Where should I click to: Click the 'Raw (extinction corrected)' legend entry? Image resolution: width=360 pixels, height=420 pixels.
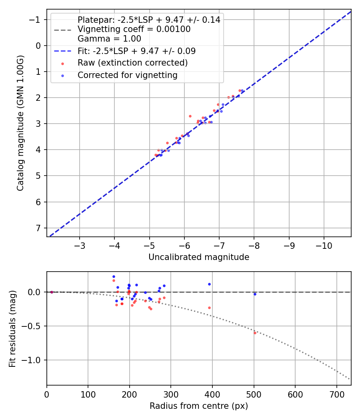132,63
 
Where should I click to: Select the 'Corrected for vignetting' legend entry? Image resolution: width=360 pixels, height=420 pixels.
127,75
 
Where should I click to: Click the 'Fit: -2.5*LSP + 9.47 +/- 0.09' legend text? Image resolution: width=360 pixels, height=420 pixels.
136,51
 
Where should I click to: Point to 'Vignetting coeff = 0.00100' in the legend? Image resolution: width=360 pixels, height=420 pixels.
134,29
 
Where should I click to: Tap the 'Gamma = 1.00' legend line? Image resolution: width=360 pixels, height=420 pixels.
109,39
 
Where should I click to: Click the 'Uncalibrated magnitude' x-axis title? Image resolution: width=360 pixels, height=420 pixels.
199,257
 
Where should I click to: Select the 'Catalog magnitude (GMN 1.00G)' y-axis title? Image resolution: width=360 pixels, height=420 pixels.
20,123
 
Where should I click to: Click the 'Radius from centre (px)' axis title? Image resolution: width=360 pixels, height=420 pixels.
199,406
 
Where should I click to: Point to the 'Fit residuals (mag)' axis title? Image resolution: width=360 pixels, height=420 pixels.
12,328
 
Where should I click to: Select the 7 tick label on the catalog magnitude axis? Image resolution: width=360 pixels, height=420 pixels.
38,228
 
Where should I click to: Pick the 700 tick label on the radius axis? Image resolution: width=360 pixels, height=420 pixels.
336,394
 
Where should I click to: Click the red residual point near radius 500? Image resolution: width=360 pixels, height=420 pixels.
255,333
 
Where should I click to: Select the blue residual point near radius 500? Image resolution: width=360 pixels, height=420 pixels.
255,294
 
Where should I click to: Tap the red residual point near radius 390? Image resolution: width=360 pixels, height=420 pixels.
209,308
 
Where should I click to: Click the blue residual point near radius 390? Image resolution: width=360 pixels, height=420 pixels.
209,284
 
